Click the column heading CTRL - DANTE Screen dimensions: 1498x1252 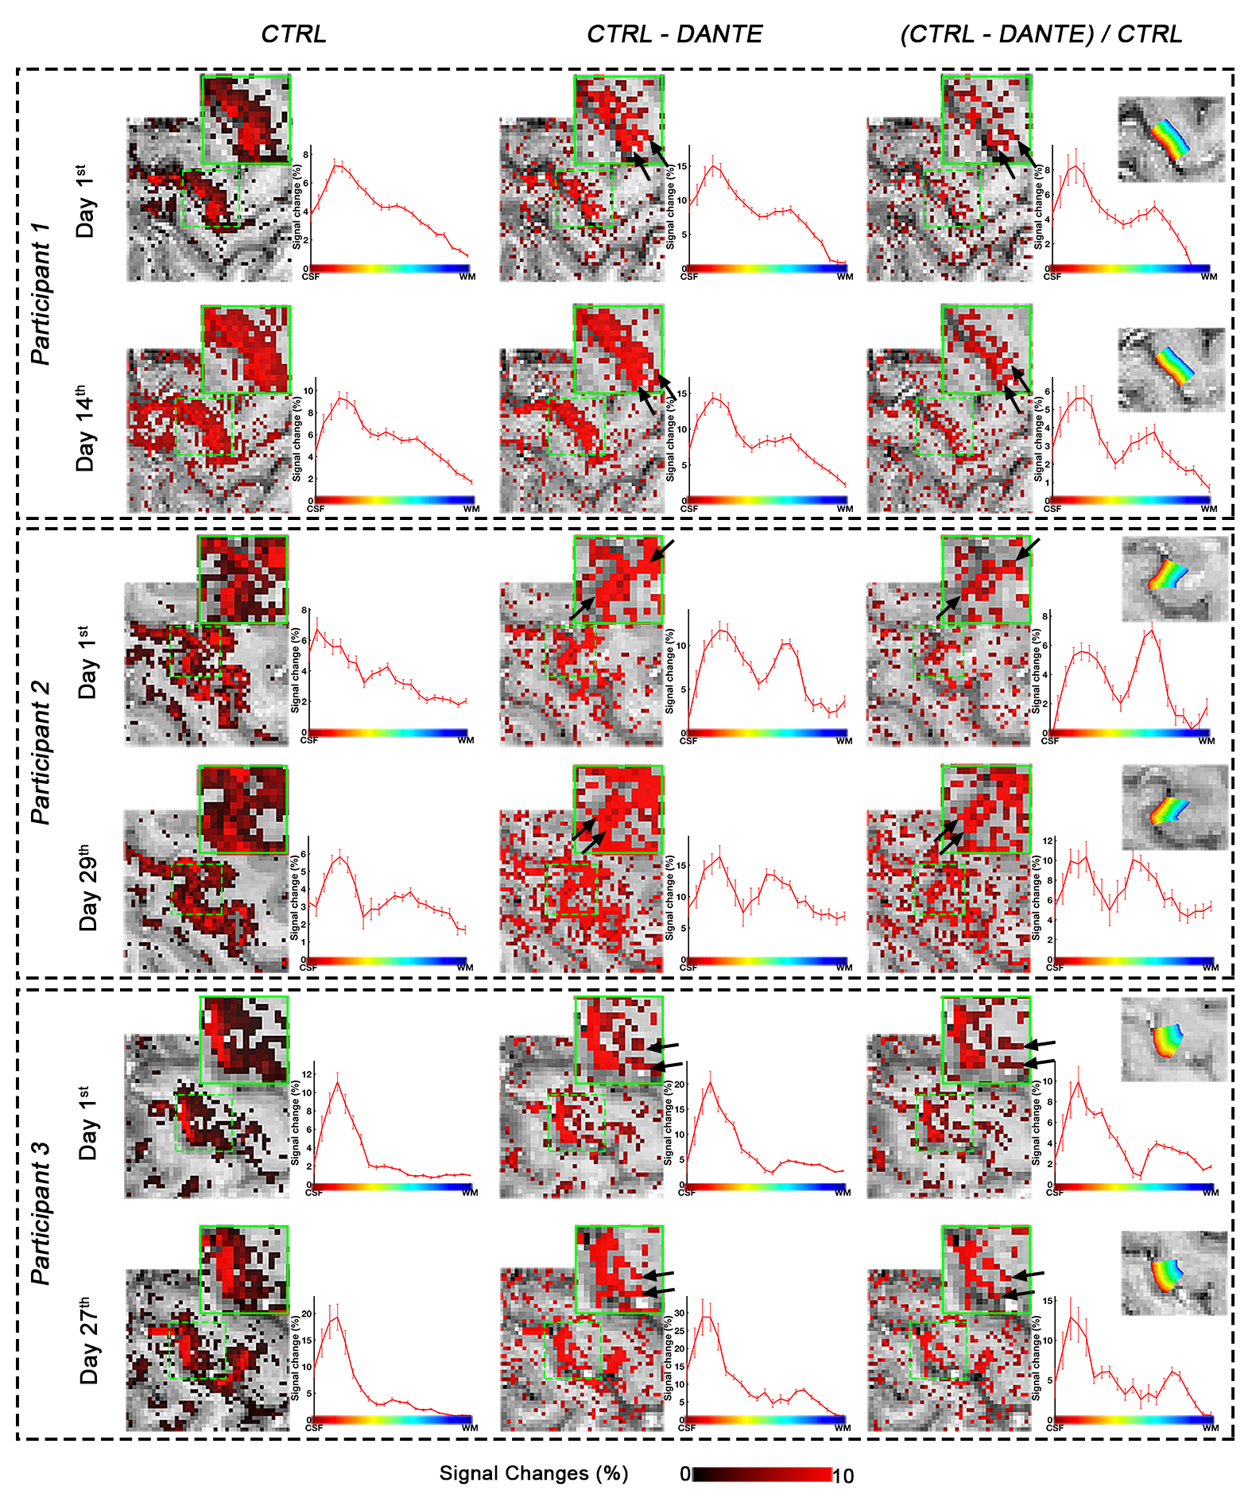pos(674,34)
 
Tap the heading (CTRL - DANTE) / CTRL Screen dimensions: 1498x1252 pos(1041,34)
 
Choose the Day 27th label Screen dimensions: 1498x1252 pos(89,1344)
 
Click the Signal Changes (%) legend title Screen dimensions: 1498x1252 pos(533,1473)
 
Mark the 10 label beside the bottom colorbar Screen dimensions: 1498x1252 pos(843,1476)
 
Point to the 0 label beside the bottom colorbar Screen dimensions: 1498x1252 pos(684,1474)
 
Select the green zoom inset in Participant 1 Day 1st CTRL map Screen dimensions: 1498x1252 pos(246,119)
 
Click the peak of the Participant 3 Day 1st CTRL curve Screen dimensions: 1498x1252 pos(338,1082)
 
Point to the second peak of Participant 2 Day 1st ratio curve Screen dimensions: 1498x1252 pos(1149,632)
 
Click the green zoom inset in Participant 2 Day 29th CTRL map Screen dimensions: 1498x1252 pos(242,809)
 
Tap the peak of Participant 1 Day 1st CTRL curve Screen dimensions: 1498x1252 pos(339,165)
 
